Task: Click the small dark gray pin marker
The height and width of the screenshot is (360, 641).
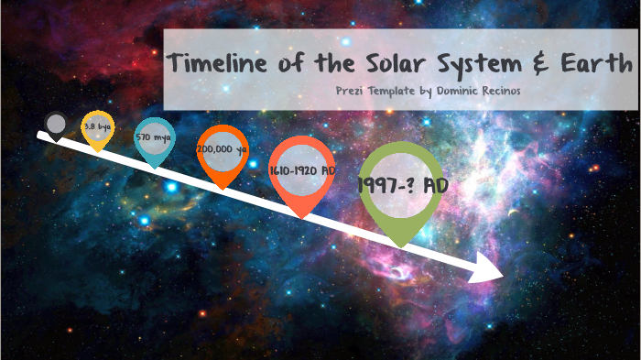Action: [57, 124]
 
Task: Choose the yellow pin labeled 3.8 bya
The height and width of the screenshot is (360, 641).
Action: [97, 130]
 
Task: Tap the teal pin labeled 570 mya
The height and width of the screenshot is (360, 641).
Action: [154, 139]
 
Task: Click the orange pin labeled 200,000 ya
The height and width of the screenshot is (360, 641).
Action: [223, 151]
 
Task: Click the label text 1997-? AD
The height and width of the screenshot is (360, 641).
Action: [403, 185]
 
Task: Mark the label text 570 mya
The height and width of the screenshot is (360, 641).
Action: [153, 136]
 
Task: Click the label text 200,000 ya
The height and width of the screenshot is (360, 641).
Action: [223, 147]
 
